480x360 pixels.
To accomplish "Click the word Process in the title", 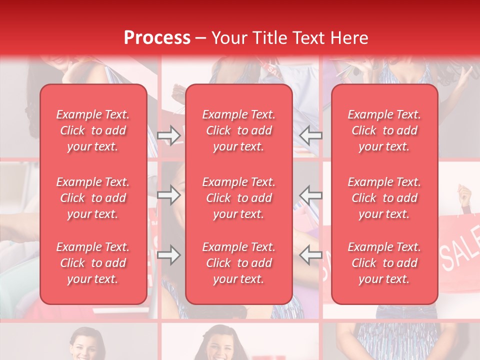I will click(157, 38).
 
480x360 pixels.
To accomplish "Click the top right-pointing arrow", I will click(168, 135).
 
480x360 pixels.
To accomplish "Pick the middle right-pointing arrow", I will click(168, 195).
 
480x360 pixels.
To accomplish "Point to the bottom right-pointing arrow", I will click(168, 255).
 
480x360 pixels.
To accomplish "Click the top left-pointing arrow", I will click(311, 135).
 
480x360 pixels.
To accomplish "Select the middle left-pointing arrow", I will click(311, 195).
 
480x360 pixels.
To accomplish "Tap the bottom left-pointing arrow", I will click(311, 255).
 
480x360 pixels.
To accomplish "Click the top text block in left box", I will click(93, 130).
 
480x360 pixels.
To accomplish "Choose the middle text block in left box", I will click(93, 198).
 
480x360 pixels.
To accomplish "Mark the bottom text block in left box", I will click(93, 263).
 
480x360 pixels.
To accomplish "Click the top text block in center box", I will click(239, 130).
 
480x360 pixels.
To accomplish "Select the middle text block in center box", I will click(239, 198).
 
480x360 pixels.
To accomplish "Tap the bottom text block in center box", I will click(239, 263).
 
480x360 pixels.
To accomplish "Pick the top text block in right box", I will click(384, 130).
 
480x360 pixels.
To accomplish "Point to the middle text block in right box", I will click(384, 198).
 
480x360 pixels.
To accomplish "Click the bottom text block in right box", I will click(384, 263).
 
